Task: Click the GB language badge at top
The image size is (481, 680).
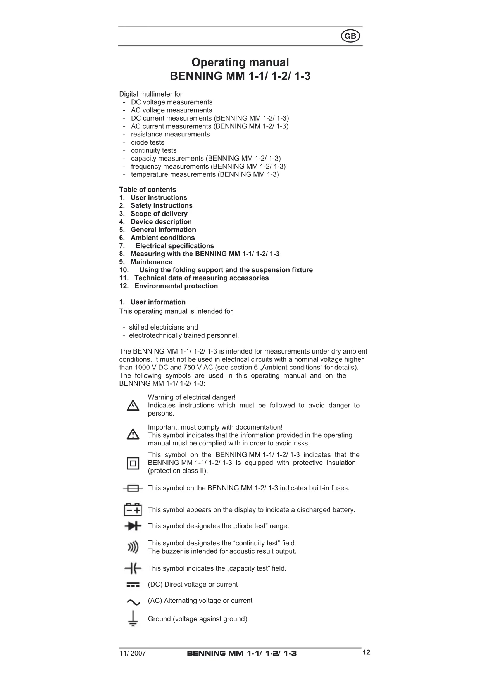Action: coord(350,36)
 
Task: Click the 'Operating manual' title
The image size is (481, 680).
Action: coord(240,62)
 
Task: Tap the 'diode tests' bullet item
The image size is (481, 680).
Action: coord(147,142)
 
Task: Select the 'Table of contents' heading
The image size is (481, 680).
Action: coord(147,190)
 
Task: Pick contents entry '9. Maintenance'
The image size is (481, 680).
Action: coord(146,262)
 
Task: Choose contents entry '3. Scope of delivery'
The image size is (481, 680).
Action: coord(153,214)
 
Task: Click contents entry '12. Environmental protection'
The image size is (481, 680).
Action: coord(169,286)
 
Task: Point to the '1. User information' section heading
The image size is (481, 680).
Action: coord(152,302)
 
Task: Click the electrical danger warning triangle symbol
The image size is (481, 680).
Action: coord(133,406)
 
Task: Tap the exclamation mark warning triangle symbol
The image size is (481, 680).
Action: coord(133,435)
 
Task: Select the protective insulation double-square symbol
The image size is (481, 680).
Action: coord(133,463)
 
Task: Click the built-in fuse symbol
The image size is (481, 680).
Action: coord(133,488)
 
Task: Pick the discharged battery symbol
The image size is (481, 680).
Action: coord(133,509)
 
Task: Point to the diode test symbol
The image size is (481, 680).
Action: coord(133,526)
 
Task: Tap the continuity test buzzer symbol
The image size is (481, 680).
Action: coord(133,547)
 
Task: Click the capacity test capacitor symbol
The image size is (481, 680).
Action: coord(133,568)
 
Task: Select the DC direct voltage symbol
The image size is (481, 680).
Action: coord(133,585)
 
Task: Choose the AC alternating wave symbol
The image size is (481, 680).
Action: coord(133,602)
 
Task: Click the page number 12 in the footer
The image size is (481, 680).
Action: coord(366,652)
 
